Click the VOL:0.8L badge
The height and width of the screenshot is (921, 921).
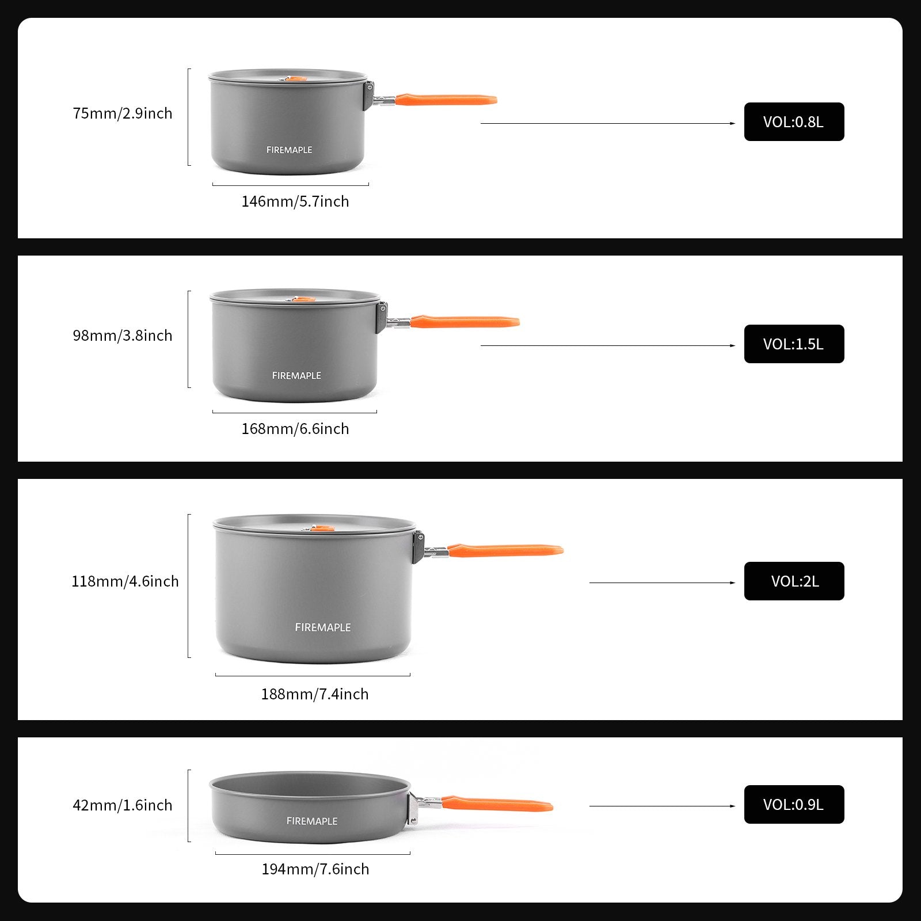tap(794, 122)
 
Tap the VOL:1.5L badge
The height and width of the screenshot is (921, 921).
tap(794, 344)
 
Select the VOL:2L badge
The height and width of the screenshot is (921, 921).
tap(794, 581)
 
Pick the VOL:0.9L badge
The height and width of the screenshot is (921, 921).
tap(794, 805)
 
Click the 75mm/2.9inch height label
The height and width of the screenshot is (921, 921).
tap(123, 113)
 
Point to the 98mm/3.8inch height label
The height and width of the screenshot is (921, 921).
tap(123, 336)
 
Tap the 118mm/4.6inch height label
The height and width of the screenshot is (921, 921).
tap(125, 581)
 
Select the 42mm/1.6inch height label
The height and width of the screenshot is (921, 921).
tap(123, 805)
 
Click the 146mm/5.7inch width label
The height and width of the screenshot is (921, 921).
tap(295, 201)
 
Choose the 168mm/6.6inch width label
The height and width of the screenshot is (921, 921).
tap(295, 429)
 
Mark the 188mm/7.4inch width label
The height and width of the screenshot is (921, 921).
tap(315, 694)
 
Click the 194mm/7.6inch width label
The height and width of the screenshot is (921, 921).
tap(315, 869)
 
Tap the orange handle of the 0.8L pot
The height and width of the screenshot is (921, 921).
tap(446, 100)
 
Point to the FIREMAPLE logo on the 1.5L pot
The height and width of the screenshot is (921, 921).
tap(296, 376)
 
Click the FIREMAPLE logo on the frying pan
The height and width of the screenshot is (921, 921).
tap(312, 821)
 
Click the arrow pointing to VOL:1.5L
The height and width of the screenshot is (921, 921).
tap(607, 345)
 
